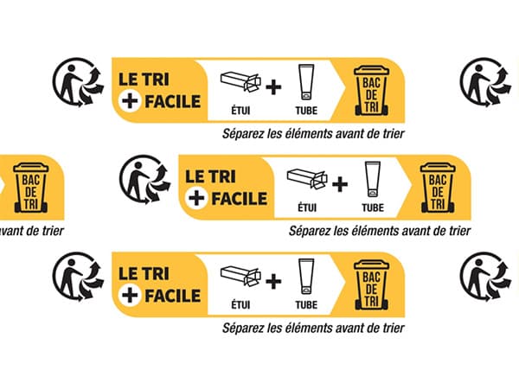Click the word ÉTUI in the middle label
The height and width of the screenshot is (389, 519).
pos(306,208)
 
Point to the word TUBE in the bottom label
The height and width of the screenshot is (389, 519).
pos(306,304)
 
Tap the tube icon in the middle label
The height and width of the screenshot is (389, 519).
pos(372,179)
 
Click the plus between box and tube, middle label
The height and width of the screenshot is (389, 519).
pos(340,184)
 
